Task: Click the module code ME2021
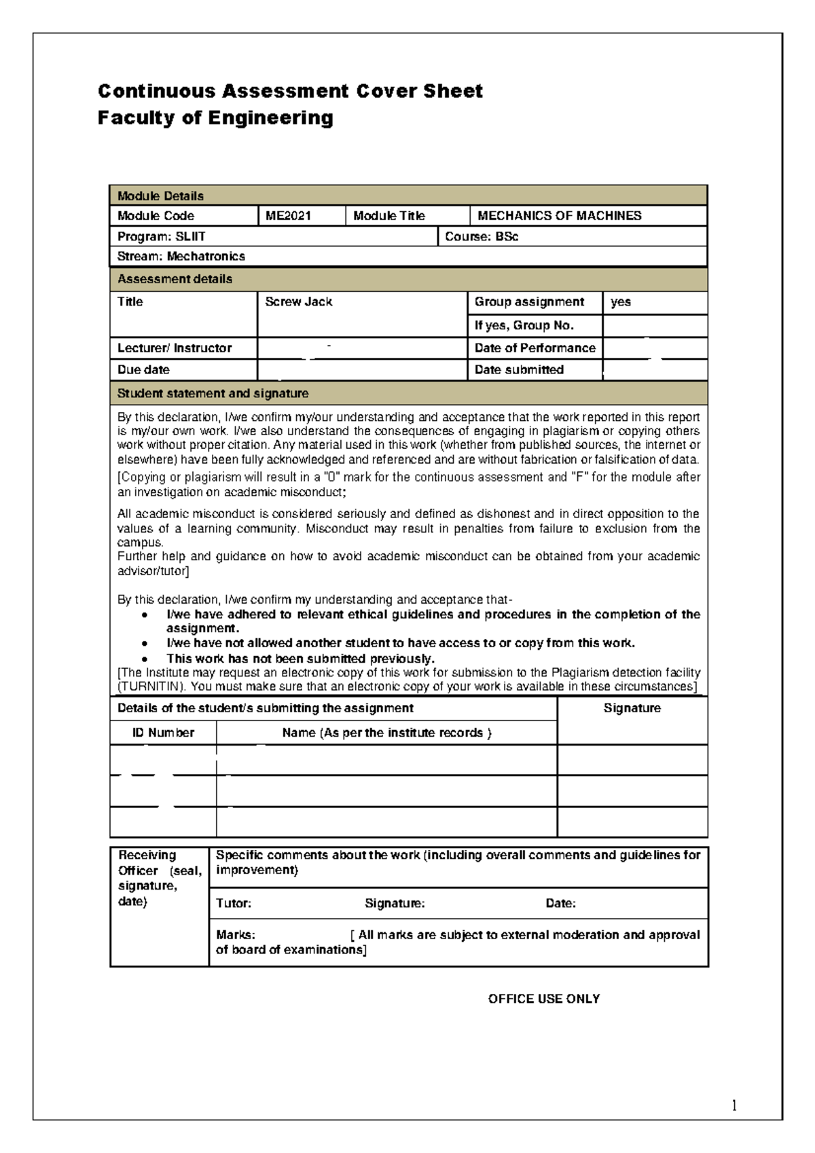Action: click(288, 216)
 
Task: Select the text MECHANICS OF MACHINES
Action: click(559, 216)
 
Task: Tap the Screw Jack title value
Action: click(298, 302)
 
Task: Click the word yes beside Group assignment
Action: click(620, 302)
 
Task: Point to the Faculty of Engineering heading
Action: click(215, 118)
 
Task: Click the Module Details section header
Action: click(160, 196)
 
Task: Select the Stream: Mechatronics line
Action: click(181, 257)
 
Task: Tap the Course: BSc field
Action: click(481, 237)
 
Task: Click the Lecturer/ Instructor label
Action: click(175, 348)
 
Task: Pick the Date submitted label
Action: click(519, 370)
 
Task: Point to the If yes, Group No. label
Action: click(524, 326)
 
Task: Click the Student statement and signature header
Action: click(213, 394)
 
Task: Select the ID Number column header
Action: click(163, 733)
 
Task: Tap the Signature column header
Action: click(632, 708)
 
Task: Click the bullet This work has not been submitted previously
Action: click(300, 659)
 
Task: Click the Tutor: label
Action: click(234, 904)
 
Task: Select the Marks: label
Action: click(236, 935)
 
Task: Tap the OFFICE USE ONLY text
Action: click(543, 999)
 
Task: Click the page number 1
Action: click(734, 1106)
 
